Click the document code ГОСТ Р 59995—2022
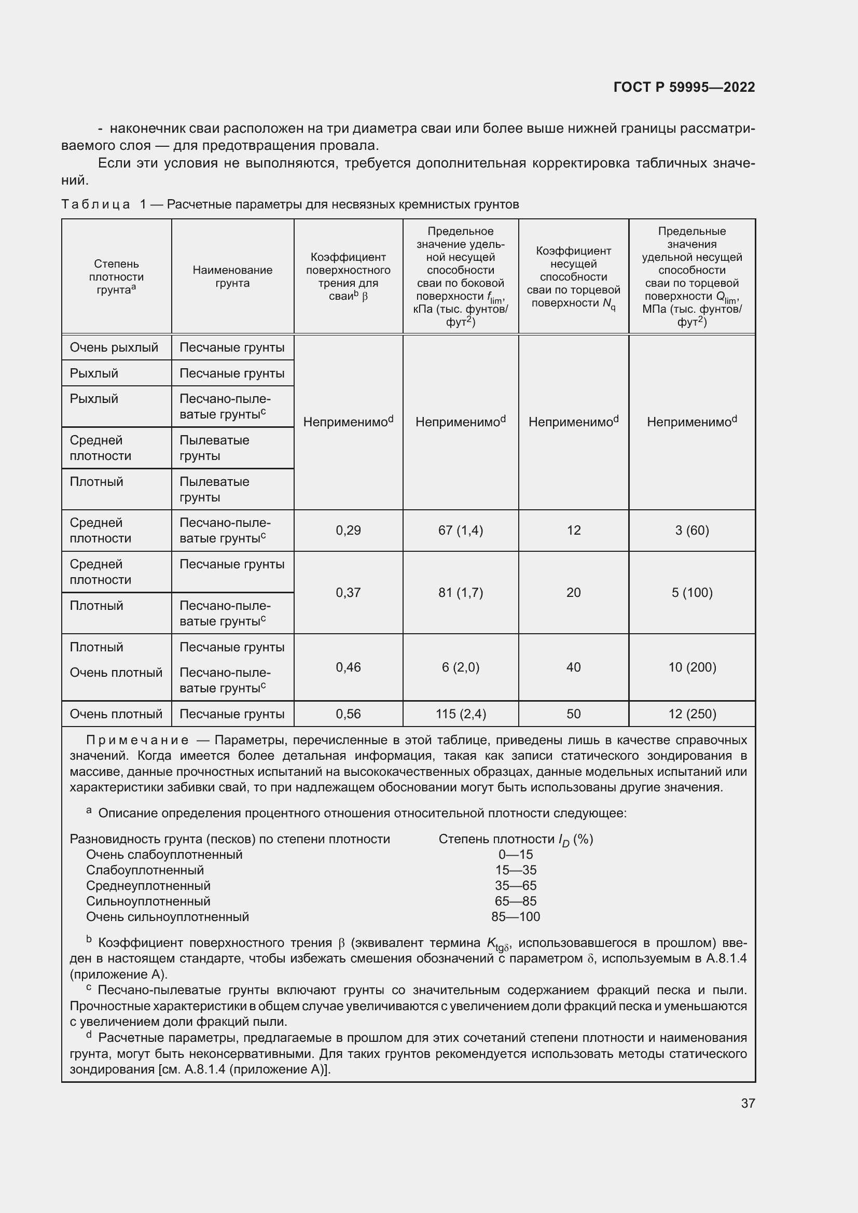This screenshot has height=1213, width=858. pyautogui.click(x=684, y=87)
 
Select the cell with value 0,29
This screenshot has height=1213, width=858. pyautogui.click(x=348, y=531)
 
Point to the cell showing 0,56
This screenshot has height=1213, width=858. pyautogui.click(x=348, y=714)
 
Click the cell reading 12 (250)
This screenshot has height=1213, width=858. pyautogui.click(x=691, y=714)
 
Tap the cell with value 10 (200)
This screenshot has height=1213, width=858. pyautogui.click(x=691, y=667)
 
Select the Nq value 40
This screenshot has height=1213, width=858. pyautogui.click(x=573, y=667)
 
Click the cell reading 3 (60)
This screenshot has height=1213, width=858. pyautogui.click(x=691, y=531)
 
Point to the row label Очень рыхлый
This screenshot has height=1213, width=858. pyautogui.click(x=114, y=347)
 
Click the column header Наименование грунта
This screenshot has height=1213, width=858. pyautogui.click(x=232, y=277)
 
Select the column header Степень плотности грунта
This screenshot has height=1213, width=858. pyautogui.click(x=116, y=277)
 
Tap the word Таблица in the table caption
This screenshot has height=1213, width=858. pyautogui.click(x=95, y=204)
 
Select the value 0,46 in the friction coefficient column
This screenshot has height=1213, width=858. pyautogui.click(x=348, y=667)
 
